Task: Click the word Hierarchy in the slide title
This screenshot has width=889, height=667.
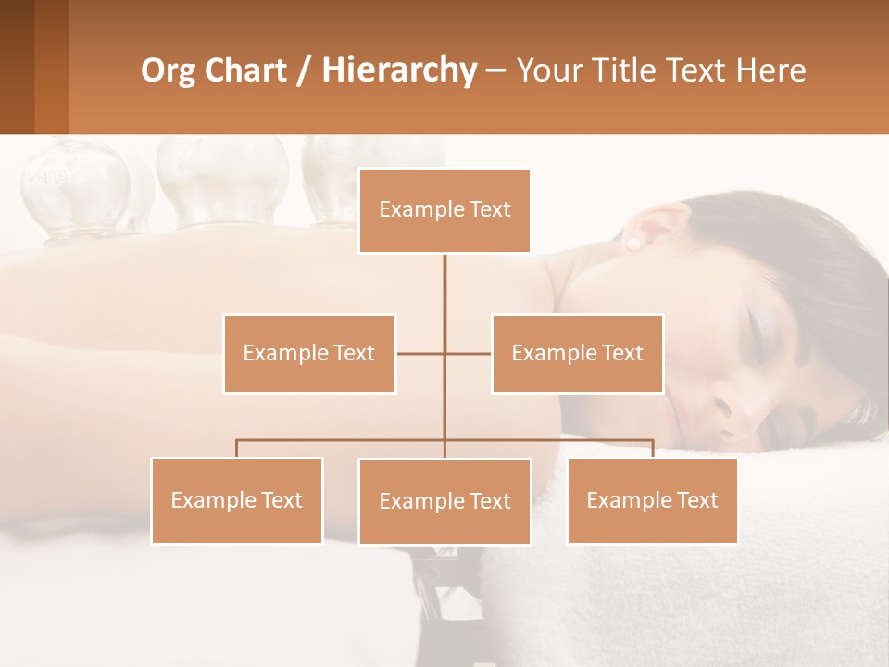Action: [398, 70]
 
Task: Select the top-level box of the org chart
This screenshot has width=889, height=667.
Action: [444, 210]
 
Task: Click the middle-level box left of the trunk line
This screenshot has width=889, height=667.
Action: [309, 353]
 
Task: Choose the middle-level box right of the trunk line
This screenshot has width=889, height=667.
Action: [577, 353]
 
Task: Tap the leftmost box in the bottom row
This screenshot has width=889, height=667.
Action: [237, 500]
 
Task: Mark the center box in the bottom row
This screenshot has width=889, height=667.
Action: [444, 501]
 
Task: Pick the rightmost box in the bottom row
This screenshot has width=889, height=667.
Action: [652, 500]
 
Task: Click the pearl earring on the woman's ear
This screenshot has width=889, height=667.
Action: [635, 244]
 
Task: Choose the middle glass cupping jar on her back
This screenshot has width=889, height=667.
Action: [222, 181]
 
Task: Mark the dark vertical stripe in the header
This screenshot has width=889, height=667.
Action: [52, 67]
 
